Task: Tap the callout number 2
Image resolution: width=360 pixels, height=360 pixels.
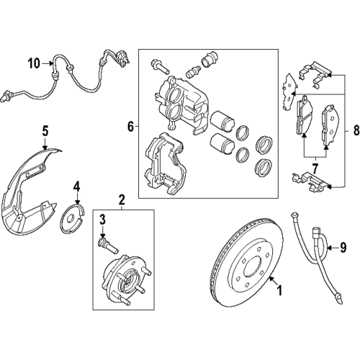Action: tap(122, 198)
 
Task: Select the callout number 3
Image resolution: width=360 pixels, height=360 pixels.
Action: tap(103, 220)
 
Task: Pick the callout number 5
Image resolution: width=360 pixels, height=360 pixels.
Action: tap(45, 131)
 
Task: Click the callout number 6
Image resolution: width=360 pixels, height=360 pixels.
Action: tap(130, 127)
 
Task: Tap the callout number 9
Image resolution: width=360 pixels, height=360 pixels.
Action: tap(343, 248)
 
